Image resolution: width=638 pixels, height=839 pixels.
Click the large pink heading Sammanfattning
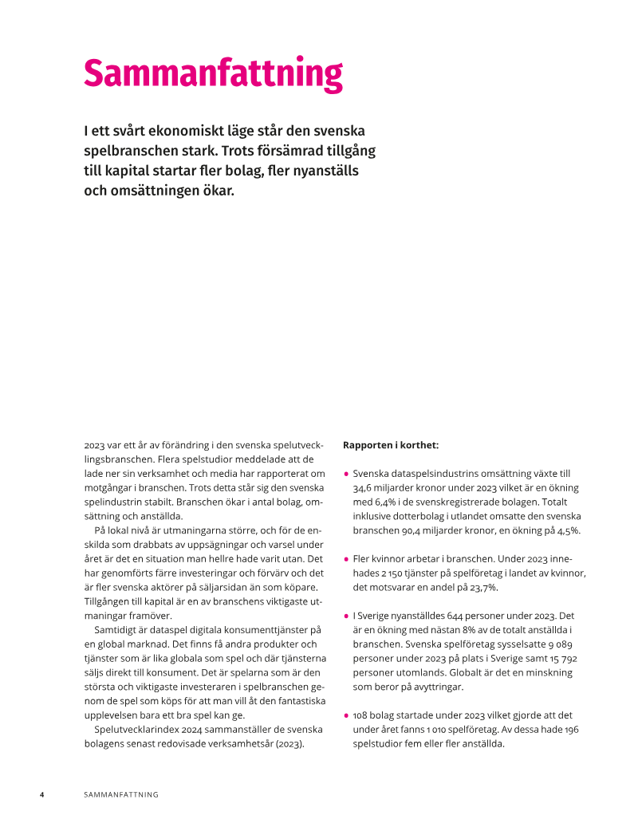[x=213, y=73]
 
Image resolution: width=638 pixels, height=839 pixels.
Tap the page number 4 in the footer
[x=42, y=794]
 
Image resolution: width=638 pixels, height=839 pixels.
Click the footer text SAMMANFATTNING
[x=121, y=794]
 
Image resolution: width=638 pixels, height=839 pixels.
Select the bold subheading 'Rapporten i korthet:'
[x=390, y=445]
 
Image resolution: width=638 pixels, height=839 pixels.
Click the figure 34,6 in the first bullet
[x=364, y=487]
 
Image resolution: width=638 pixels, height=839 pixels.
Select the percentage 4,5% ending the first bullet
[x=566, y=530]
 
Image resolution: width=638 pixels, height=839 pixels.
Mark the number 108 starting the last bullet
[x=362, y=716]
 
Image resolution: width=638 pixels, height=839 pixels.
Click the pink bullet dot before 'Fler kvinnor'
[x=346, y=560]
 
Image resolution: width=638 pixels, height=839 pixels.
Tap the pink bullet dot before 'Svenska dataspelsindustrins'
[x=346, y=474]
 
